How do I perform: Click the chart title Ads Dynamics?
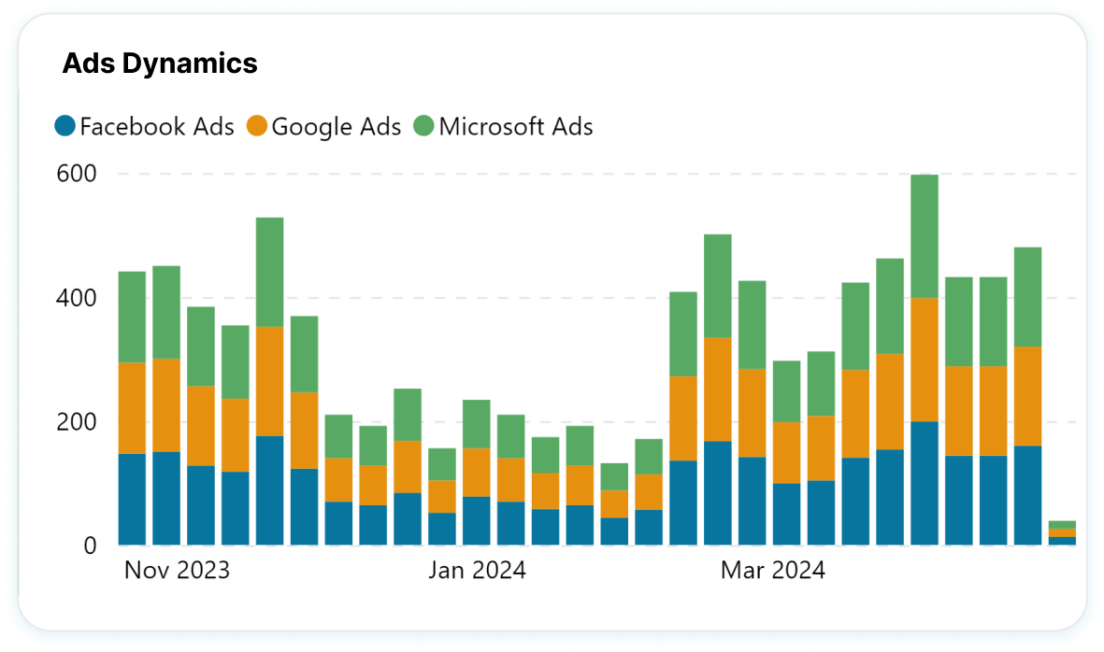point(159,64)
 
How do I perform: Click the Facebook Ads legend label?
point(156,126)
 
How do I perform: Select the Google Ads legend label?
point(336,126)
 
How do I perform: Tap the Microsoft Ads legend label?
point(515,126)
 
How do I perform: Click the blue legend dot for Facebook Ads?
point(65,126)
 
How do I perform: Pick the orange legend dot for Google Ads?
point(256,126)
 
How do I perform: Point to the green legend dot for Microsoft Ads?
point(423,126)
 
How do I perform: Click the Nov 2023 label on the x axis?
point(177,570)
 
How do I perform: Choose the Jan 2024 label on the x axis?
point(477,570)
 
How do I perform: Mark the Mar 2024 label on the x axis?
point(772,570)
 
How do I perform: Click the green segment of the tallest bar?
point(924,236)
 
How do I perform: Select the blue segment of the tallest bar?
point(924,483)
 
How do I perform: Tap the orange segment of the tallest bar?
point(924,360)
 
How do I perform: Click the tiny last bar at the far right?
point(1062,532)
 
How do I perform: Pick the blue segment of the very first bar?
point(132,499)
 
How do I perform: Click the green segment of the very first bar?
point(132,317)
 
